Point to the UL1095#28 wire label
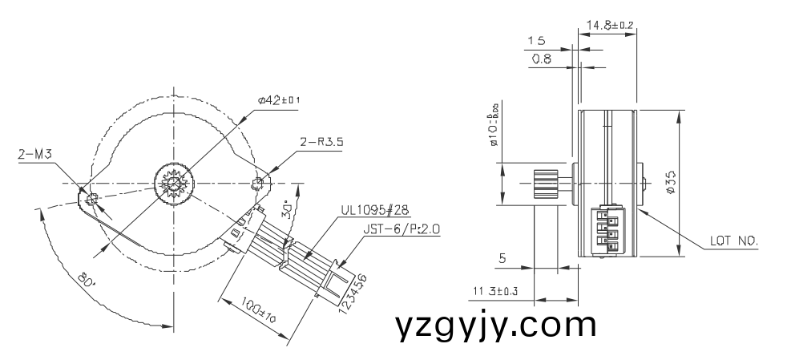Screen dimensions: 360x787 [374, 210]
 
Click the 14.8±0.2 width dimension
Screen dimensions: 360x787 [610, 26]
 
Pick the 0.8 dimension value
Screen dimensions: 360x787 [542, 59]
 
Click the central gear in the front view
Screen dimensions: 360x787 [173, 183]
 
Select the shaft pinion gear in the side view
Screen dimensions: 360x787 [547, 184]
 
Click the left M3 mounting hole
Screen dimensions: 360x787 [92, 198]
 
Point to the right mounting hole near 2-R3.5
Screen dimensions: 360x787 [258, 184]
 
